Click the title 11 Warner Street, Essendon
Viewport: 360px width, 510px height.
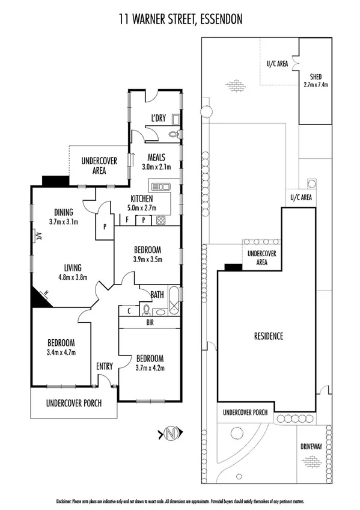180,19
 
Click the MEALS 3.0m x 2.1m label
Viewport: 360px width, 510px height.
156,162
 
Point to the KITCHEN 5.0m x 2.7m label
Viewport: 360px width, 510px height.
142,203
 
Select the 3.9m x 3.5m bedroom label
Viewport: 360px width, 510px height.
147,254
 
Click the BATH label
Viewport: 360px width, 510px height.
157,295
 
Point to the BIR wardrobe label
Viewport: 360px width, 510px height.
149,322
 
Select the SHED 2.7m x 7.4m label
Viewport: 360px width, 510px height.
315,81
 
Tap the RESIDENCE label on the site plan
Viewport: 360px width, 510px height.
267,336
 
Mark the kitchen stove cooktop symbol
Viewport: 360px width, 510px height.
161,220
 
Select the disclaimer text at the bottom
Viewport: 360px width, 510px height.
180,500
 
